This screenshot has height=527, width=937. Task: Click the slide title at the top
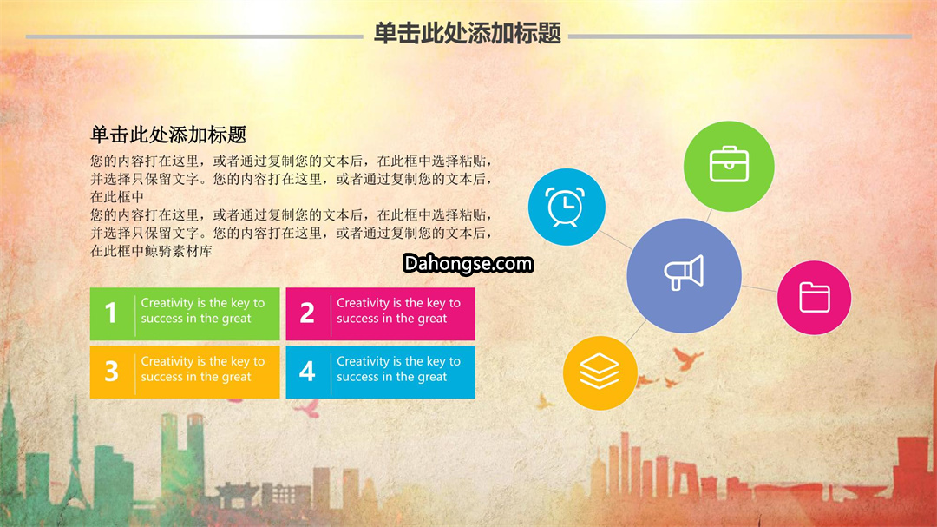[468, 34]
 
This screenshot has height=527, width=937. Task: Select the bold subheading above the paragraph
[168, 135]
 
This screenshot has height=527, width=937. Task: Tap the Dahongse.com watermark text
[468, 263]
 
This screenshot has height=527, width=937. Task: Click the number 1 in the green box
[110, 313]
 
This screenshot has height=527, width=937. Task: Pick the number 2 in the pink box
[307, 313]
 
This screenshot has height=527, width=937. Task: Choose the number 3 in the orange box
[112, 371]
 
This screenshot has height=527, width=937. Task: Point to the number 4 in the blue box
[307, 371]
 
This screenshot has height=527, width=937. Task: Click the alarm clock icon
[566, 207]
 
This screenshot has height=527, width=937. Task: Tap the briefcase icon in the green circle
[729, 164]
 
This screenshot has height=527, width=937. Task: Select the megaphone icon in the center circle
[684, 273]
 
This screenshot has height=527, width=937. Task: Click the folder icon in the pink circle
[815, 297]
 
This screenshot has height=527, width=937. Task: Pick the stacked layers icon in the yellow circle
[600, 371]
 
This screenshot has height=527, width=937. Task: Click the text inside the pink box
[398, 311]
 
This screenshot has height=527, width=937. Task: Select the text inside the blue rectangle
[398, 368]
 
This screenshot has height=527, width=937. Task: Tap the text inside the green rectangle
[202, 311]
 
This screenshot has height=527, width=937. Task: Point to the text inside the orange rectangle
[202, 368]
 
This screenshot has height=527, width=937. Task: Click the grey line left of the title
[194, 36]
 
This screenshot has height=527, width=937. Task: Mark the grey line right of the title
[740, 36]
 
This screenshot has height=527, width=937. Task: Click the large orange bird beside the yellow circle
[687, 359]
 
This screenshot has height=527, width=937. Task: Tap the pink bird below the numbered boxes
[307, 408]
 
